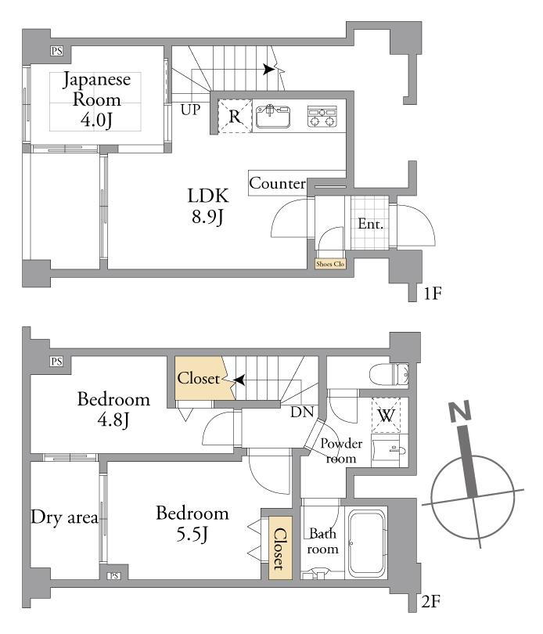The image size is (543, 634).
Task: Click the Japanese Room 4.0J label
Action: pyautogui.click(x=97, y=100)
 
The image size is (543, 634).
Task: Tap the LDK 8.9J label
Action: pyautogui.click(x=208, y=206)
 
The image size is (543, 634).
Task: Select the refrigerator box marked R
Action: pyautogui.click(x=235, y=116)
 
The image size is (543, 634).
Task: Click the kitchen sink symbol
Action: pyautogui.click(x=273, y=116)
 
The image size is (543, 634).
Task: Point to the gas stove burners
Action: pyautogui.click(x=322, y=117)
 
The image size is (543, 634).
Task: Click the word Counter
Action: pyautogui.click(x=277, y=184)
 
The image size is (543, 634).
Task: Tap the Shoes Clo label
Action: pyautogui.click(x=330, y=264)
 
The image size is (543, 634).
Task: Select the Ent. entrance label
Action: pyautogui.click(x=370, y=224)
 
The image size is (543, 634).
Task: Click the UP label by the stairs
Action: pyautogui.click(x=190, y=109)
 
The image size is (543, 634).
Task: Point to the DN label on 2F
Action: pyautogui.click(x=303, y=412)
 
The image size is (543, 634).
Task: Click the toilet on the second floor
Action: pyautogui.click(x=389, y=373)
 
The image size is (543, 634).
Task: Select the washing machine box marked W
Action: pyautogui.click(x=386, y=416)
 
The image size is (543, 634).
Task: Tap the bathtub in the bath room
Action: pyautogui.click(x=367, y=544)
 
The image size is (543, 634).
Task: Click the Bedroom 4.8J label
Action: pyautogui.click(x=113, y=409)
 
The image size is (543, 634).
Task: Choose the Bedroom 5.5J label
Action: pyautogui.click(x=192, y=524)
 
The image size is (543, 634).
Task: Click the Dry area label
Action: pyautogui.click(x=65, y=517)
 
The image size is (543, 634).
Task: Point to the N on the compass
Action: pyautogui.click(x=460, y=412)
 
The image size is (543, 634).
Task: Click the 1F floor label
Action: pyautogui.click(x=432, y=294)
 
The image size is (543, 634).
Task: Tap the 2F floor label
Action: pyautogui.click(x=431, y=602)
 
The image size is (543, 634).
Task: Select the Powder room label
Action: pyautogui.click(x=341, y=452)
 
